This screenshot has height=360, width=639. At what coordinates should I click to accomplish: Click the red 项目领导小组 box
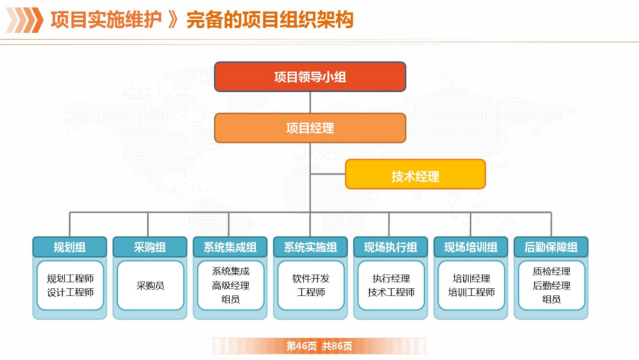pos(310,76)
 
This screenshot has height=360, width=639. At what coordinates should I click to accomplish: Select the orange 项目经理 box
pos(310,128)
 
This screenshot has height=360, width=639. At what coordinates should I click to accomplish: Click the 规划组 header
pos(70,247)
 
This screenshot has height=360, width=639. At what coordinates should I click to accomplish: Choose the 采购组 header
pos(150,247)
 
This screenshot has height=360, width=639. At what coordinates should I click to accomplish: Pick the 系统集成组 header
pos(230,247)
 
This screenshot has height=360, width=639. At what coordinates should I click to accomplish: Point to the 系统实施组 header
pos(311,247)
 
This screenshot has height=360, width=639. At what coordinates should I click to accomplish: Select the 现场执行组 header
pos(390,247)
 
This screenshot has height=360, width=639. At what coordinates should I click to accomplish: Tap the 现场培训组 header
pos(471,247)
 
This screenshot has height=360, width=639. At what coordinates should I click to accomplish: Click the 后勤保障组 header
pos(551,247)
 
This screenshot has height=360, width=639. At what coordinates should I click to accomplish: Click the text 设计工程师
pos(70,292)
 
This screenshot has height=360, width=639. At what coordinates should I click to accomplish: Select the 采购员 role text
pos(150,285)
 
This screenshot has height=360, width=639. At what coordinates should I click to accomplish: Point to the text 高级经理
pos(230,285)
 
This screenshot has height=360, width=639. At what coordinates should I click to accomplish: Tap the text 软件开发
pos(311,278)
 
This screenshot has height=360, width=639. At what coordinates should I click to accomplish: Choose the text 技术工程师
pos(390,292)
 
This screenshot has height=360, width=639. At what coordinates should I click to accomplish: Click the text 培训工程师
pos(471,292)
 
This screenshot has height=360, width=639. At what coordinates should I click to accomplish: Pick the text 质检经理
pos(551,272)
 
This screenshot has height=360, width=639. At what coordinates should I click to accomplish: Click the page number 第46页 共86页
pos(319,346)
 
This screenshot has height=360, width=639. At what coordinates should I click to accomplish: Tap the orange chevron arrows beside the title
pos(24,20)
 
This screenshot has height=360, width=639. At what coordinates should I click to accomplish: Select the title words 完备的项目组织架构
pos(270,20)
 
